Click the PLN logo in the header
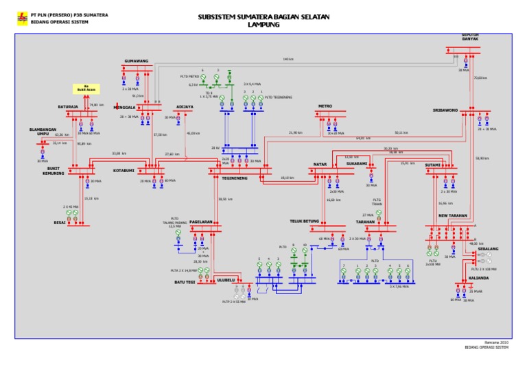point(22,19)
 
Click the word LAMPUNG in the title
point(263,24)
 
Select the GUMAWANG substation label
point(136,61)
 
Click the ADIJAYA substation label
point(185,107)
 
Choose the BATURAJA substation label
point(67,107)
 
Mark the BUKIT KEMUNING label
point(55,171)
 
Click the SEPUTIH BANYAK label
point(470,37)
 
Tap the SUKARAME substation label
point(356,165)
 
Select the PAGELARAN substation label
point(201,222)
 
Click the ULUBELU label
point(226,280)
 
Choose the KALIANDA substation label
point(478,278)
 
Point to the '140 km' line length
point(288,59)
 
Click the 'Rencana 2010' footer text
point(496,341)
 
